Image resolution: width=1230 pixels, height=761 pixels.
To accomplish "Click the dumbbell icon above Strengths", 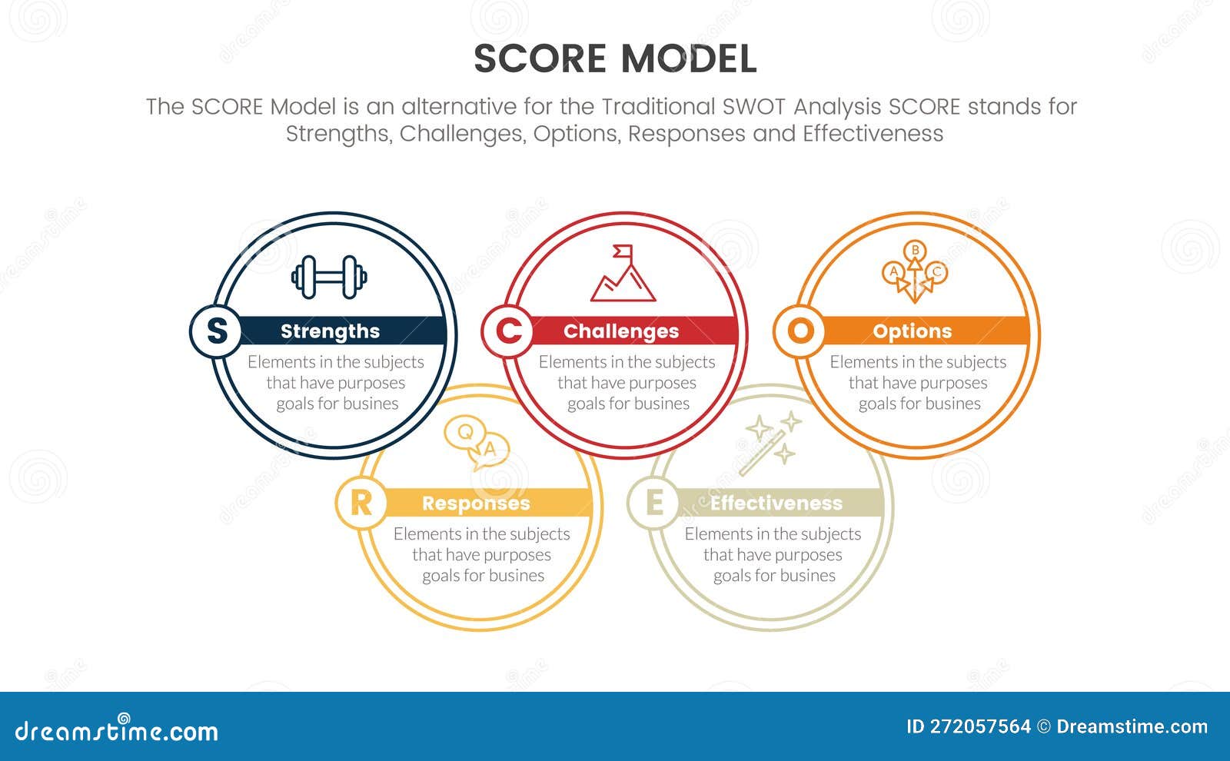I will pos(329,277).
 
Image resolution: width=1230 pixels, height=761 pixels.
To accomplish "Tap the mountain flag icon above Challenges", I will pos(623,274).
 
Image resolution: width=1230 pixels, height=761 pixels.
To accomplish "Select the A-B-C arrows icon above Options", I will pos(914,272).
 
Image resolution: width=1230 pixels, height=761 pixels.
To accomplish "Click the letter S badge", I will pos(217,331).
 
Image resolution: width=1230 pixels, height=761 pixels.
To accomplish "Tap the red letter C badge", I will pos(508,331).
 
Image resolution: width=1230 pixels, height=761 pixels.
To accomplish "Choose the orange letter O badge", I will pos(799,331).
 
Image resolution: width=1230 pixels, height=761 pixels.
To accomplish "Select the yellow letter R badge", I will pos(361,503).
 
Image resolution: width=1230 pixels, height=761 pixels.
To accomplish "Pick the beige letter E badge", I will pos(654,503).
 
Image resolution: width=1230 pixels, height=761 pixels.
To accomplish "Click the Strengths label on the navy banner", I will pos(330,331).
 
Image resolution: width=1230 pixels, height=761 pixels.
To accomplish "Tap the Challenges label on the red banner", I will pos(621,331).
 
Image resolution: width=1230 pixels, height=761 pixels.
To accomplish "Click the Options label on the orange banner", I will pos(912,331).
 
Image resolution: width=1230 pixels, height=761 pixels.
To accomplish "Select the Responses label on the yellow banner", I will pos(476,503).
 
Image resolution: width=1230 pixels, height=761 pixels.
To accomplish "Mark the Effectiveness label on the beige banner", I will pos(776,503).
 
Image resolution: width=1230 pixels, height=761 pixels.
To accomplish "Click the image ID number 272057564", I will pos(980,726).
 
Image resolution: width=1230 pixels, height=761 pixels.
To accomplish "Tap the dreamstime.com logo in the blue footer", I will pos(116,730).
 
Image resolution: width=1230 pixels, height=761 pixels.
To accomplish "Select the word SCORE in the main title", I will pos(540,59).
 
